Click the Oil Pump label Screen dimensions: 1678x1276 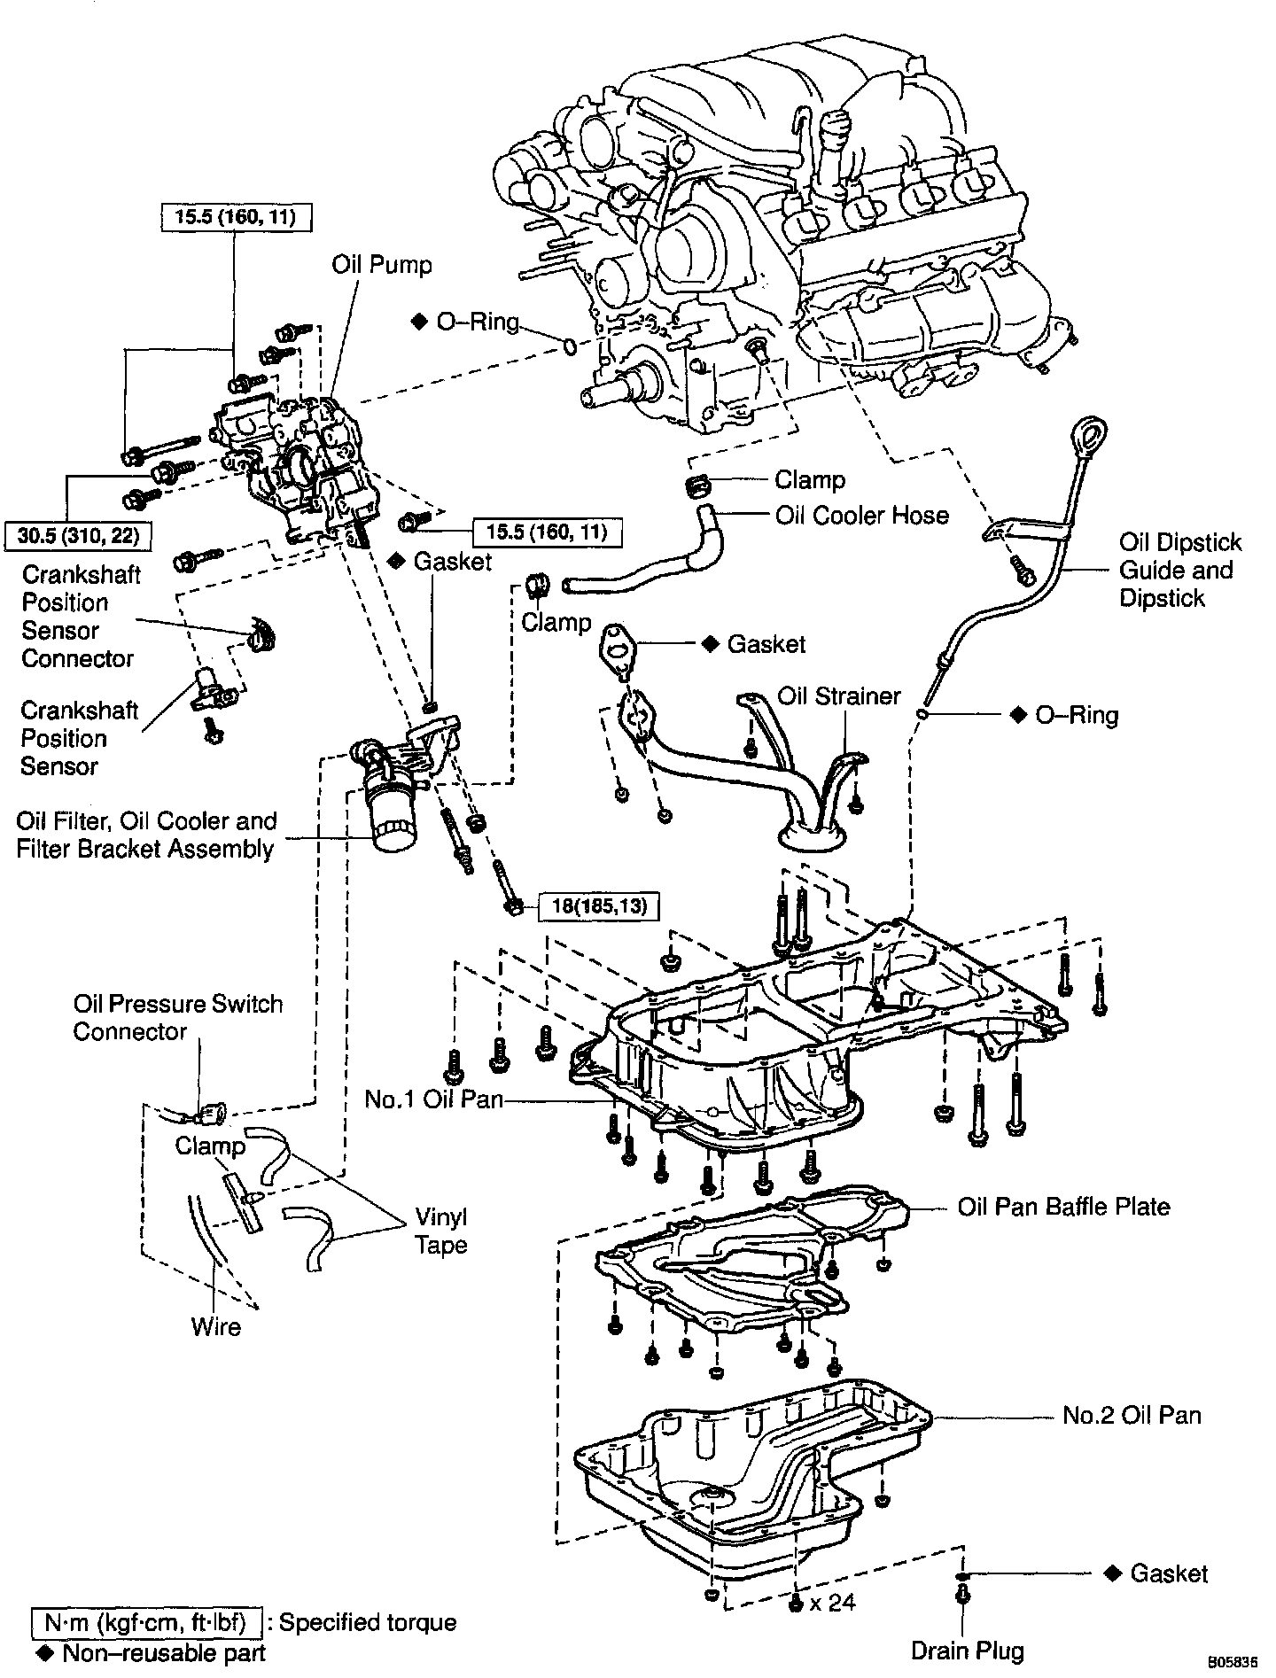(382, 264)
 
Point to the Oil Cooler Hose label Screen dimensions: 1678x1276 (861, 516)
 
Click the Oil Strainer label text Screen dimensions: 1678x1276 (838, 696)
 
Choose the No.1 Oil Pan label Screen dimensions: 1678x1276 (433, 1099)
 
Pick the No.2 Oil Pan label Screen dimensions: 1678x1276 (1132, 1415)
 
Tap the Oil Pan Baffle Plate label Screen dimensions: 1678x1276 (1063, 1207)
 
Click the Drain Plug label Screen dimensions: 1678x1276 (968, 1651)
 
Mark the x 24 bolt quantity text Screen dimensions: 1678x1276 (832, 1602)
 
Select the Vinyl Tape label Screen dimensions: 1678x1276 (440, 1231)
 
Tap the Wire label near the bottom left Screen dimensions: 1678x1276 (215, 1326)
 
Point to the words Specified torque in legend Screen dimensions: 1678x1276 (368, 1622)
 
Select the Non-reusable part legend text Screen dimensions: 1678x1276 (164, 1652)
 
